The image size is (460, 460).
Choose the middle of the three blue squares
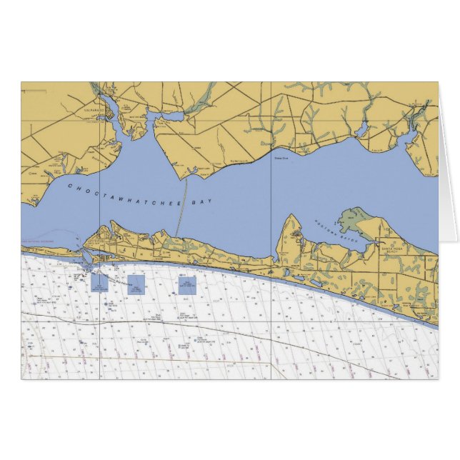coord(136,285)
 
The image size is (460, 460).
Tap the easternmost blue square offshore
coord(187,286)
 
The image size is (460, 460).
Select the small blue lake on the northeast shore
coord(362,131)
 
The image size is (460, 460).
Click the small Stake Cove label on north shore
coord(281,159)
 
